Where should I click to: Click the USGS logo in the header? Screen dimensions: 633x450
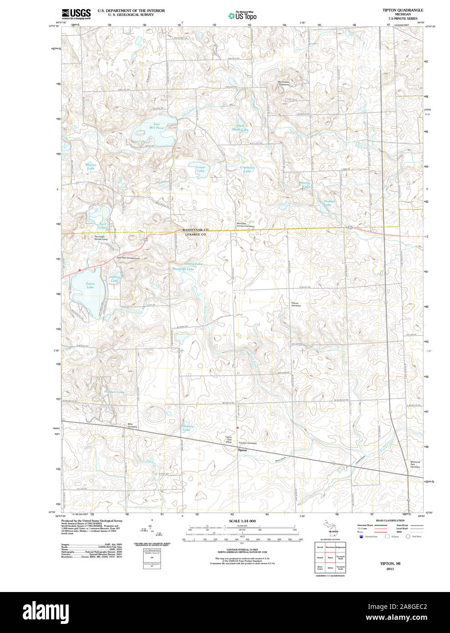pyautogui.click(x=76, y=14)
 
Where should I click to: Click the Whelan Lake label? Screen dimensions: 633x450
pyautogui.click(x=91, y=167)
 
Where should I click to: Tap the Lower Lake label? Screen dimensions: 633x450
pyautogui.click(x=201, y=169)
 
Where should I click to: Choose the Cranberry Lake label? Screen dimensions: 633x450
pyautogui.click(x=247, y=169)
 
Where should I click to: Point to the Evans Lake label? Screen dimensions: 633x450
pyautogui.click(x=91, y=285)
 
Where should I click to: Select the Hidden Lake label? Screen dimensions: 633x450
pyautogui.click(x=114, y=392)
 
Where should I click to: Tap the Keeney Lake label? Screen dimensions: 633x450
pyautogui.click(x=188, y=428)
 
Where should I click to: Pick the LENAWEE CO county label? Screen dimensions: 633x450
pyautogui.click(x=195, y=234)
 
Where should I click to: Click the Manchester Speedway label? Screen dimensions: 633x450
pyautogui.click(x=283, y=83)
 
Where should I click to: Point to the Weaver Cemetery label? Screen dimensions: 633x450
pyautogui.click(x=296, y=304)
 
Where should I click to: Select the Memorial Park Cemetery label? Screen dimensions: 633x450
pyautogui.click(x=415, y=464)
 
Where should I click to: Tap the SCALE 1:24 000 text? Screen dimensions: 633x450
pyautogui.click(x=242, y=521)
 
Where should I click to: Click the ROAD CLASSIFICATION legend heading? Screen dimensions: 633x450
pyautogui.click(x=390, y=521)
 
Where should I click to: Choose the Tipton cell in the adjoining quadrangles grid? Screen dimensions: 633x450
pyautogui.click(x=330, y=557)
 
